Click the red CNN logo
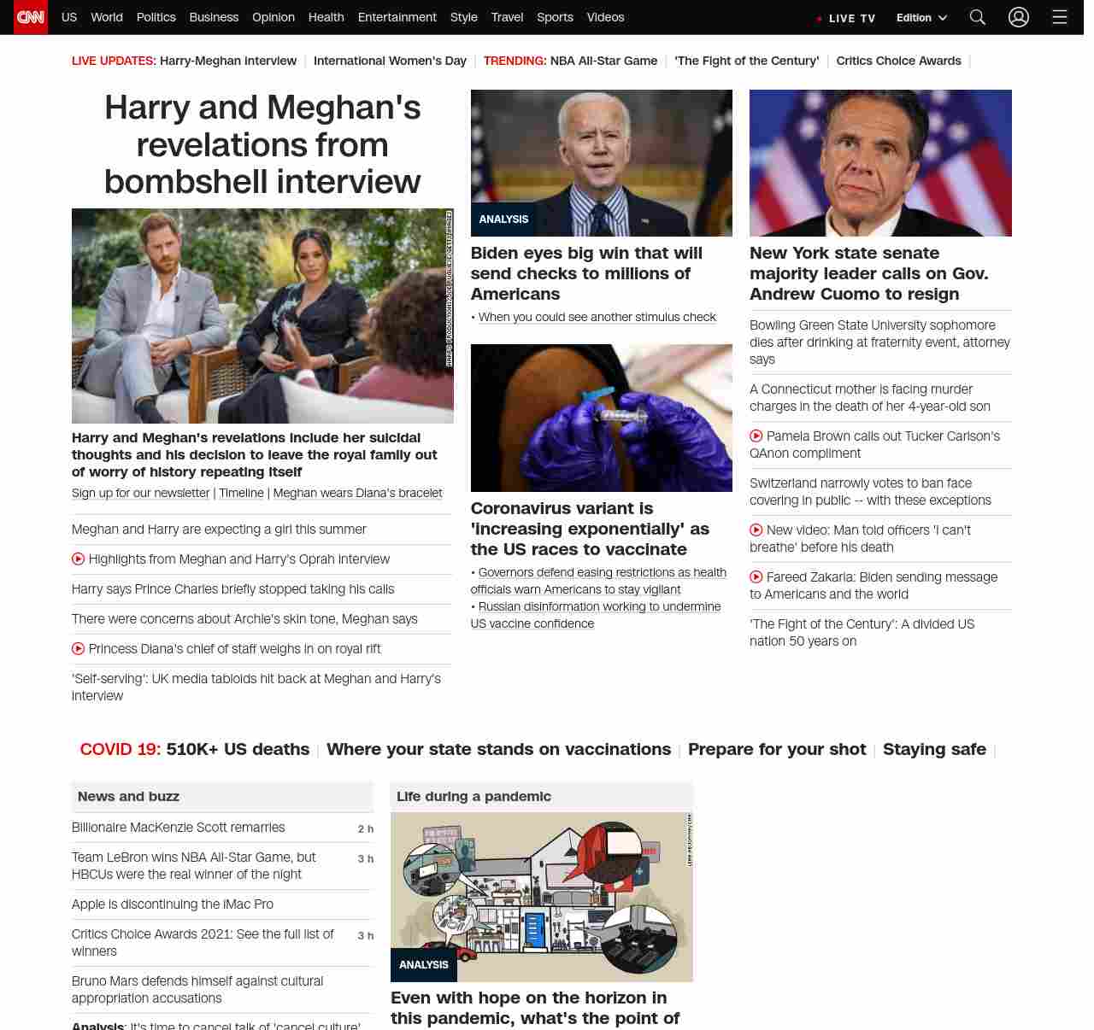coord(31,17)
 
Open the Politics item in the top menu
coord(156,17)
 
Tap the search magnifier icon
coord(978,17)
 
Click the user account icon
coord(1018,17)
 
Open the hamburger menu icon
coord(1060,17)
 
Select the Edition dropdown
coord(921,18)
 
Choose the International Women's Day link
coord(390,61)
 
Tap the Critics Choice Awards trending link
coord(898,61)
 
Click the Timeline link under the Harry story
coord(241,493)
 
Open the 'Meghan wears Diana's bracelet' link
coord(357,493)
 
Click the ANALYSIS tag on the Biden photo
coord(503,219)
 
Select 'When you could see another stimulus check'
coord(597,317)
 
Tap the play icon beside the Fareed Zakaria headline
coord(756,577)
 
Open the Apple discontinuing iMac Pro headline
coord(173,904)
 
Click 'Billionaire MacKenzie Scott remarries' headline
coord(178,828)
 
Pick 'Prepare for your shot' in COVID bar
coord(776,749)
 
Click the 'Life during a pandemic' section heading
coord(473,796)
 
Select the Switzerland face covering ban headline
coord(870,492)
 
